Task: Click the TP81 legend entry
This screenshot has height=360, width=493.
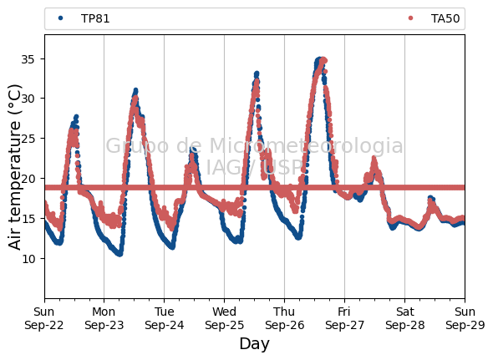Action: tap(84, 18)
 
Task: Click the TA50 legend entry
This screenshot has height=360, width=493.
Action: tap(435, 18)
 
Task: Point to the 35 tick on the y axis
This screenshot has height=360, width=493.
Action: tap(28, 58)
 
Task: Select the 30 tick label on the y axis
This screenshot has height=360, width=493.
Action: tap(28, 99)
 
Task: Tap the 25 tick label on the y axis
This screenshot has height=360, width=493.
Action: tap(28, 139)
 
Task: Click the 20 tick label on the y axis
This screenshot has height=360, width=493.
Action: tap(28, 178)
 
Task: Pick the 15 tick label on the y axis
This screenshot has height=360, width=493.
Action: tap(28, 218)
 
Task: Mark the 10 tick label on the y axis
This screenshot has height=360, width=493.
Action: tap(28, 258)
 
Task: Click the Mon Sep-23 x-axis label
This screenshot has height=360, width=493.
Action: tap(104, 318)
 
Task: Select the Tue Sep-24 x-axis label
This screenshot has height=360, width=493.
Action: tap(164, 318)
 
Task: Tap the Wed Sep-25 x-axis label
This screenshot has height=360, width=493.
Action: tap(224, 318)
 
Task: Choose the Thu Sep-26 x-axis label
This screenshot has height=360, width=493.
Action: tap(284, 318)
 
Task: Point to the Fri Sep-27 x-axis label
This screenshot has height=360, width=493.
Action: tap(344, 318)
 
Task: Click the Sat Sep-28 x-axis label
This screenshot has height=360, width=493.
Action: tap(404, 318)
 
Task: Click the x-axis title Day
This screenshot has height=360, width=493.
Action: tap(254, 344)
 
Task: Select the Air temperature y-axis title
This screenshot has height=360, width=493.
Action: tap(14, 167)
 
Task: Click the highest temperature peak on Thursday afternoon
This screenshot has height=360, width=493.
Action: tap(321, 59)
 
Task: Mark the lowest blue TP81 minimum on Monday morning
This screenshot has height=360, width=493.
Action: tap(119, 253)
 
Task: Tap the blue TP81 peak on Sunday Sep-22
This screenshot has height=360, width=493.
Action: tap(76, 117)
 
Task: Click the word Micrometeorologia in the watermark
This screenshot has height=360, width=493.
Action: tap(306, 145)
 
